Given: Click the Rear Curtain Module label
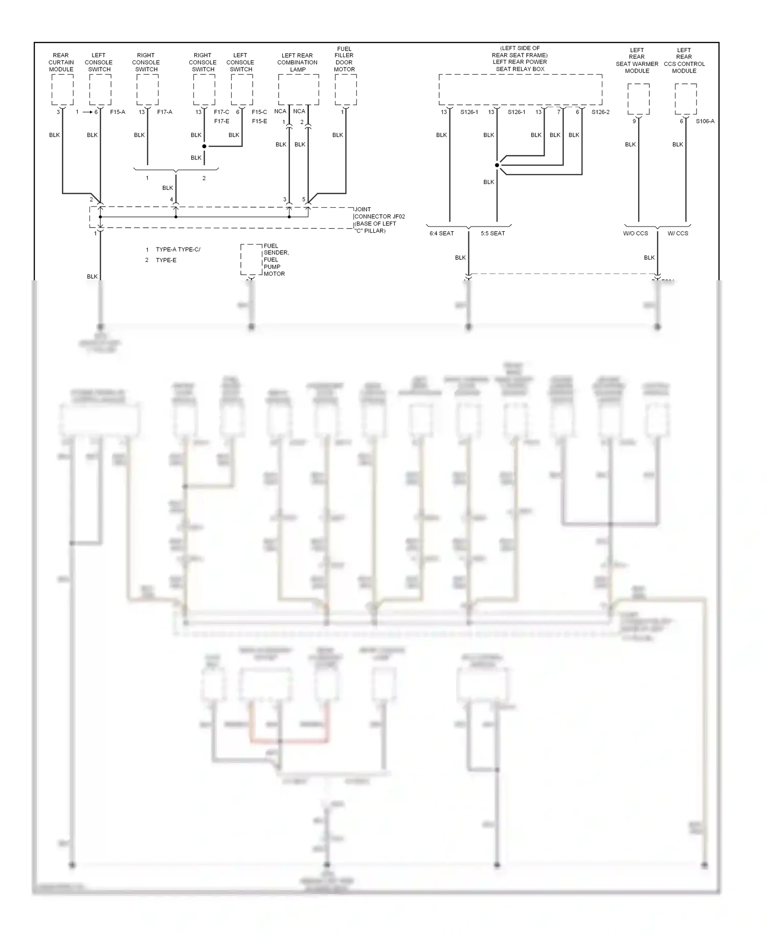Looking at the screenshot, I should tap(61, 62).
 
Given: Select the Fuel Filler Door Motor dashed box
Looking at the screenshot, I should tap(346, 90).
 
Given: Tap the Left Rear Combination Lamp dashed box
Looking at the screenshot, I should tap(298, 90).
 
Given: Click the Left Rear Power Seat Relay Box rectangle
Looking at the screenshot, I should tap(520, 90).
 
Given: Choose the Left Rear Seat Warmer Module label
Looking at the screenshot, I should tap(637, 60).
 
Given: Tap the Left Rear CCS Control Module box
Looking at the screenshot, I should tap(685, 99).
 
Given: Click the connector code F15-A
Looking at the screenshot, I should tap(118, 112).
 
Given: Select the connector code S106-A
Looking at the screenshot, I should tap(705, 121).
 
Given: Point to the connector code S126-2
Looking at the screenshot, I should tap(600, 112).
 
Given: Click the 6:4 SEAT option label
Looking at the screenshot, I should tap(442, 233).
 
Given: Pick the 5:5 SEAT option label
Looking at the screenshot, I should tap(492, 233).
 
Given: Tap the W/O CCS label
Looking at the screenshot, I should tap(636, 233).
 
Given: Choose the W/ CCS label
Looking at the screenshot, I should tap(678, 233).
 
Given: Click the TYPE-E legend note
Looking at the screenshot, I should tap(166, 260).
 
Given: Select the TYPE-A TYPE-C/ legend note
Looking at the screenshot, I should tap(178, 250).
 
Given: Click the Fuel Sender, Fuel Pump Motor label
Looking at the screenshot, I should tap(276, 260).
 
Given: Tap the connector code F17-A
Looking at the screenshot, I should tap(165, 112).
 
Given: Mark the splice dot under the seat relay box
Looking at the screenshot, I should tap(497, 165).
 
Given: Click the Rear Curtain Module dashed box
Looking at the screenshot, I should tap(62, 90).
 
